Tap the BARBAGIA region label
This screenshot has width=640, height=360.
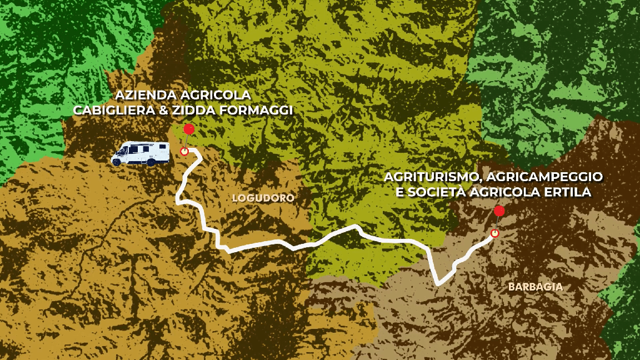coord(536,287)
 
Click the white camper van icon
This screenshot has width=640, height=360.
coord(141,153)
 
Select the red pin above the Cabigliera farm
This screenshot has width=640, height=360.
coord(189,129)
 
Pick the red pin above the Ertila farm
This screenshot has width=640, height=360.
coord(499,211)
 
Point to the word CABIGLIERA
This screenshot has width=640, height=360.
coord(114,110)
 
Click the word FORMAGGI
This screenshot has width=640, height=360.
coord(257,110)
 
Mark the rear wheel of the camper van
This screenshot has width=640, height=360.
coord(151,162)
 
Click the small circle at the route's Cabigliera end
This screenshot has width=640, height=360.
coord(184,151)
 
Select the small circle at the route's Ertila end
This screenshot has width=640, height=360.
coord(494,233)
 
